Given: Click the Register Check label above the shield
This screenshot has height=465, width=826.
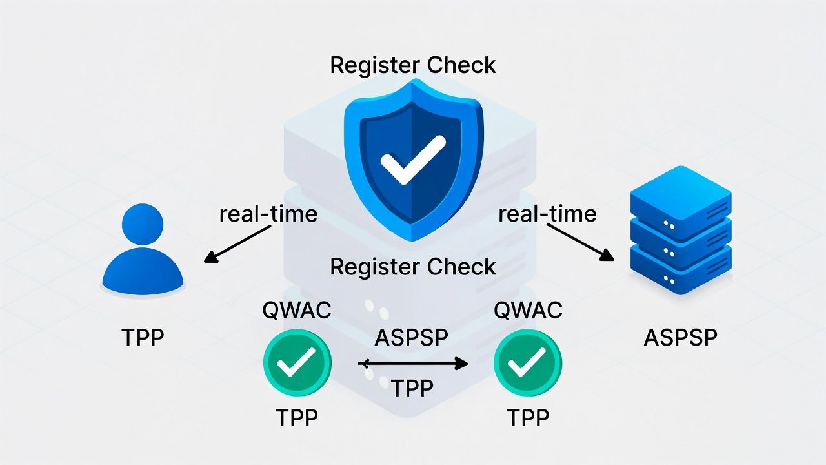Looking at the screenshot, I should tap(413, 65).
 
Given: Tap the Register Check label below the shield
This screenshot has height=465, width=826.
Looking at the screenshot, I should tap(413, 266).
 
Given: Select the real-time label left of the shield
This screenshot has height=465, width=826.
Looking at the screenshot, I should tap(268, 214).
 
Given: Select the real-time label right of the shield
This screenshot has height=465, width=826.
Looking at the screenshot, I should tap(547, 214).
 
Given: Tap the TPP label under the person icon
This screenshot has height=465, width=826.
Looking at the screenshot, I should tap(143, 337).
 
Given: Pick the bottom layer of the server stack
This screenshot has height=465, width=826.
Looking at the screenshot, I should tap(680, 271).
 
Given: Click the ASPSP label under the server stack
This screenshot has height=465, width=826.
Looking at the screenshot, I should tap(680, 337).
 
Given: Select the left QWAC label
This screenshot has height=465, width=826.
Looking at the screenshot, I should tap(297, 311).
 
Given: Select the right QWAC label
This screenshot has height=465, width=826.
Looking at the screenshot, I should tap(528, 311).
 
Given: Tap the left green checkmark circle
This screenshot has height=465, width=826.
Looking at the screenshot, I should tap(297, 363).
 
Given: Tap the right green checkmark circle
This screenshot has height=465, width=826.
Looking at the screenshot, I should tap(528, 363).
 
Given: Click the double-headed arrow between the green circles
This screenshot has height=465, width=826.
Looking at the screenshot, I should tap(412, 364).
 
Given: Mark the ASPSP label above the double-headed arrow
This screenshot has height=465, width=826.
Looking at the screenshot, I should tap(412, 336).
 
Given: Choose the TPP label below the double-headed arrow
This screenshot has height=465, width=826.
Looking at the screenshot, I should tap(412, 387).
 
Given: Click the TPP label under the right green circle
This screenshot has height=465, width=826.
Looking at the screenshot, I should tap(528, 418).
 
